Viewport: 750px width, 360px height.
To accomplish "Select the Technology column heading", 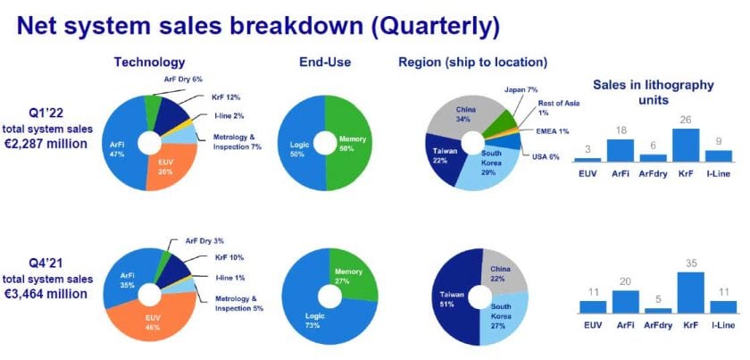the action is (x=149, y=62).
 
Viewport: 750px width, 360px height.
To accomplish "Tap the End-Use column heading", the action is (x=325, y=62).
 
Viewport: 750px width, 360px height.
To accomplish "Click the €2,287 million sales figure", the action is (x=46, y=143).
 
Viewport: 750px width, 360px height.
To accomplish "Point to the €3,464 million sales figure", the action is (x=46, y=293).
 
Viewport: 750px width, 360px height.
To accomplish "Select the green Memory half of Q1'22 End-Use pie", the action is (x=349, y=143).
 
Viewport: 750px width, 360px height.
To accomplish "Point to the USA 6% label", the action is (x=546, y=156).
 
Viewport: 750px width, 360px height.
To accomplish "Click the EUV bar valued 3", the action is (x=587, y=161).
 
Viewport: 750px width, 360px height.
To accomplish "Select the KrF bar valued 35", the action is (x=690, y=292).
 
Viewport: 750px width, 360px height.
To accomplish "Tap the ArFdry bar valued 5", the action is (x=658, y=310).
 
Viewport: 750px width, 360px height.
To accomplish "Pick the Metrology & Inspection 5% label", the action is (x=239, y=304).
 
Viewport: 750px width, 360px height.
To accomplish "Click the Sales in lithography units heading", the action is (x=654, y=93).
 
